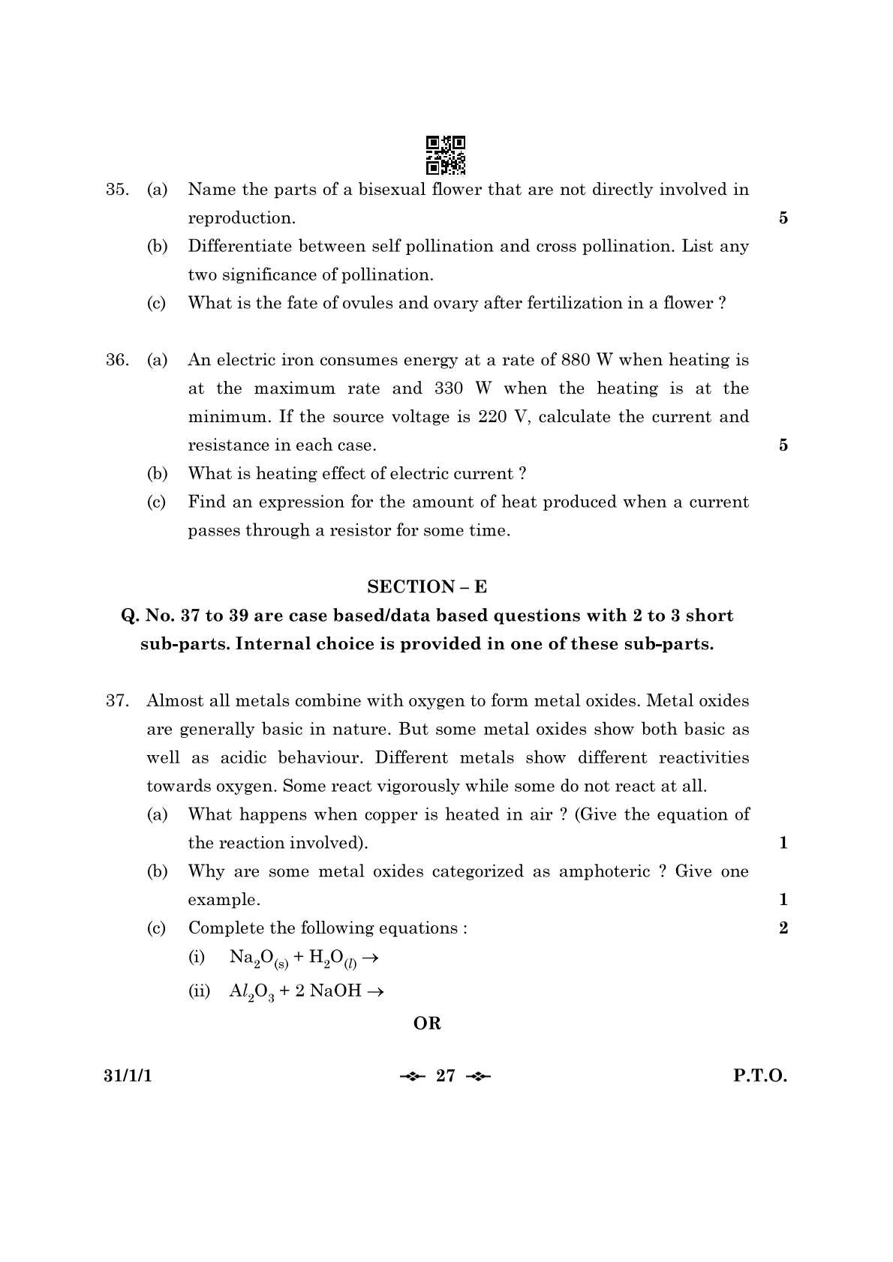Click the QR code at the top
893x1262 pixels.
446,155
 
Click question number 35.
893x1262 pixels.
116,190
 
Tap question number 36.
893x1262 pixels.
116,360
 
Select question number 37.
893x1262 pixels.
117,701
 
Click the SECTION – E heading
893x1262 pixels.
427,587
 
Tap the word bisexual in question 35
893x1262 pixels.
392,190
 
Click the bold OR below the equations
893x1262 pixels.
427,1024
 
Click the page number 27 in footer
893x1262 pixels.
446,1076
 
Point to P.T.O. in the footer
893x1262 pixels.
760,1076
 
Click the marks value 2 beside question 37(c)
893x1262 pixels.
783,928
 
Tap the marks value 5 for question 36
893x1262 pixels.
783,445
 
